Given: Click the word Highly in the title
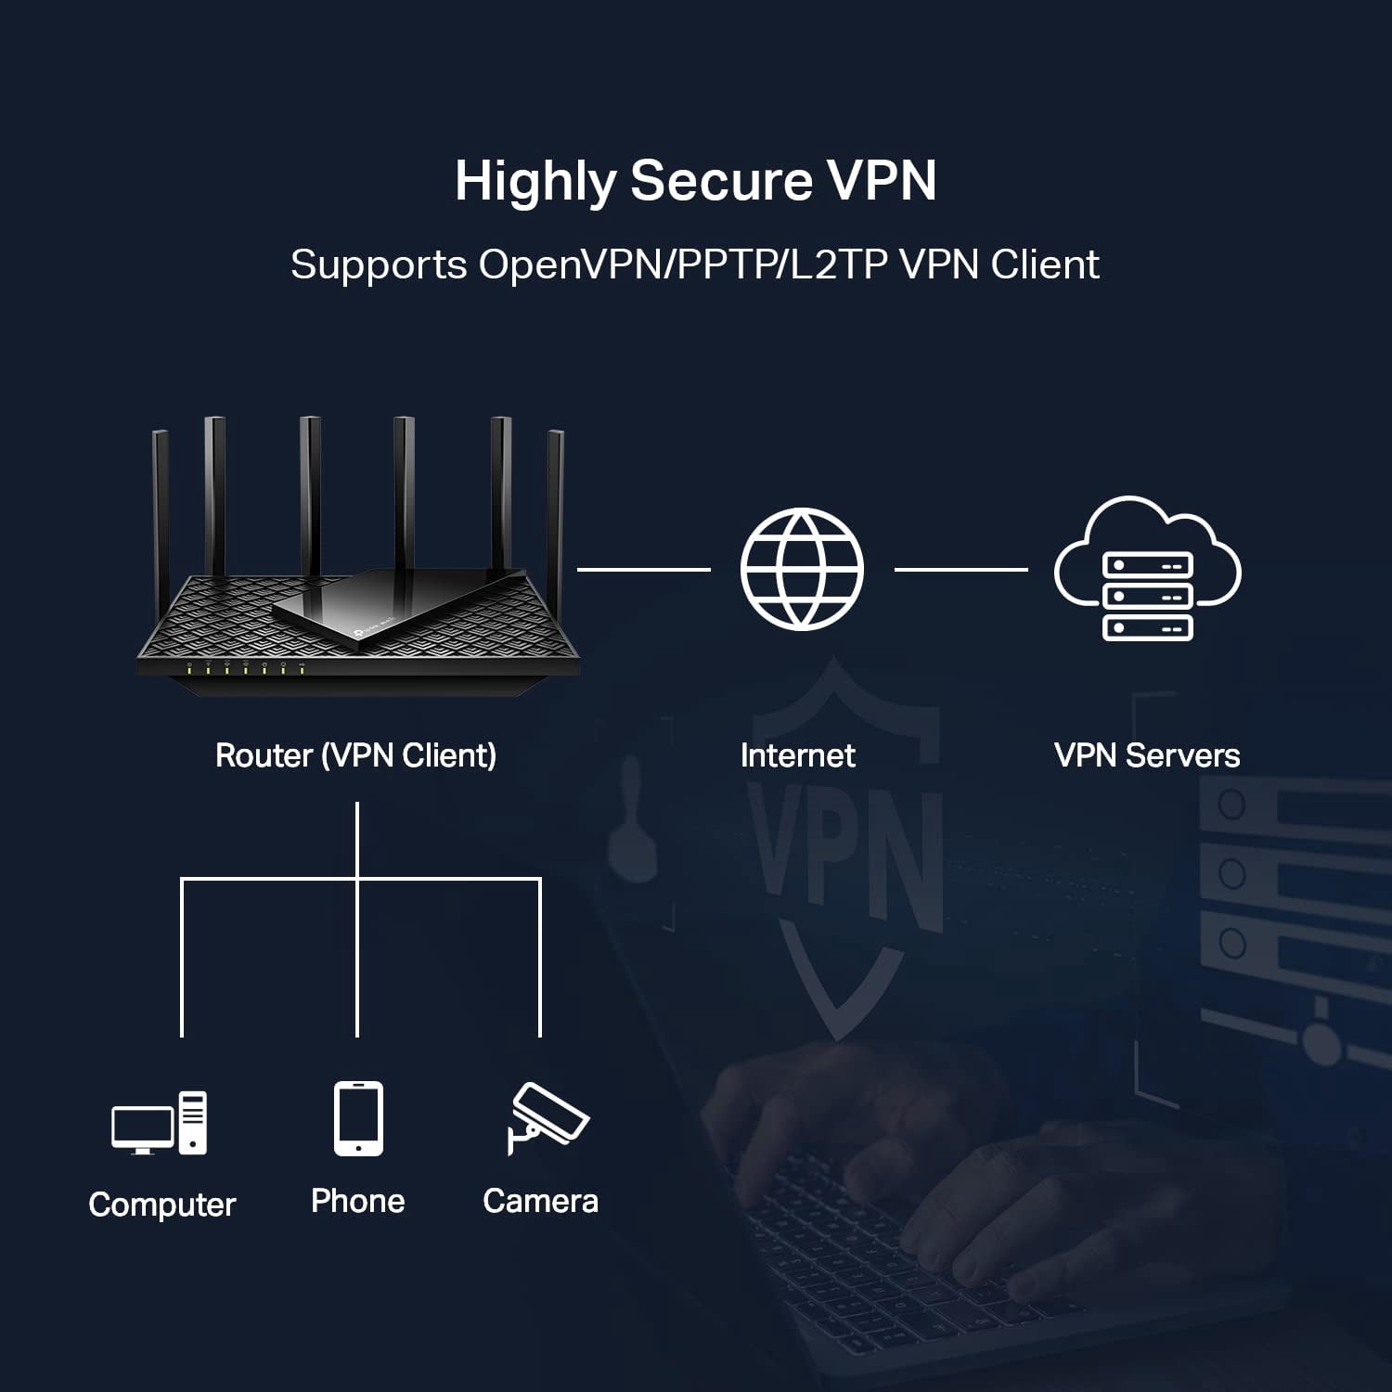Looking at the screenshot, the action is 535,182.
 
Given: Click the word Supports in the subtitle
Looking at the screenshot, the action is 379,266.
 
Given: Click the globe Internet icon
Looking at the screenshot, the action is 802,569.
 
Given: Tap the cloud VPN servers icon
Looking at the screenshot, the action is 1148,568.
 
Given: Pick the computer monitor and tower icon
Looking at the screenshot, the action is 160,1123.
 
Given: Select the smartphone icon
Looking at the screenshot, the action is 359,1118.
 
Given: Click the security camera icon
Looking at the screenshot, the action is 548,1118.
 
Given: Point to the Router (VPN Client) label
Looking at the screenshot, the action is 355,755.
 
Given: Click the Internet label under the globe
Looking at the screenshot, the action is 798,755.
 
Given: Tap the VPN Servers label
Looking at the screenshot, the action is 1147,755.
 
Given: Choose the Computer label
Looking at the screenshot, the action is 162,1205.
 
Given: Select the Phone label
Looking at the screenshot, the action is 358,1201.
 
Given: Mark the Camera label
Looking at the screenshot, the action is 541,1201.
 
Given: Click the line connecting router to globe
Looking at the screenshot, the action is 644,569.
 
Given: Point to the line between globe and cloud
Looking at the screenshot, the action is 961,569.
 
